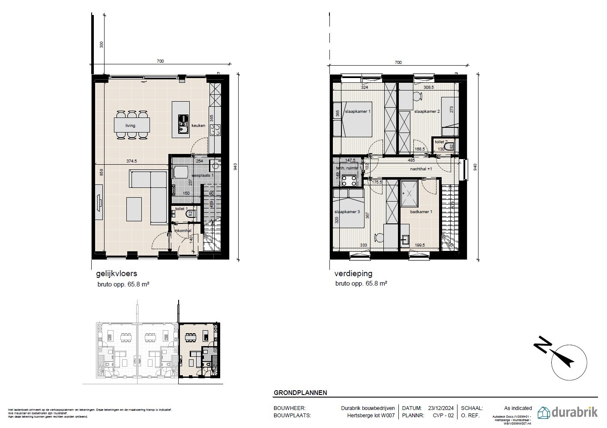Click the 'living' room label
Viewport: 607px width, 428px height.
[130, 126]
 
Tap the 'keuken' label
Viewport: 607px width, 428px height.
[198, 126]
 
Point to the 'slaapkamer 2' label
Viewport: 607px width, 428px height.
[427, 112]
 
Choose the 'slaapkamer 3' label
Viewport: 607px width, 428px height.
[347, 212]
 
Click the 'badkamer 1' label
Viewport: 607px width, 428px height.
[421, 212]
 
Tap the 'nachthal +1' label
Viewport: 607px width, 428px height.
[421, 169]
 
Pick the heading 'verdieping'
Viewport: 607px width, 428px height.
[353, 273]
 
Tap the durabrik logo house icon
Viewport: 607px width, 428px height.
[544, 412]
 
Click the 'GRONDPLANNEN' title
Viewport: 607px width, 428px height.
[300, 392]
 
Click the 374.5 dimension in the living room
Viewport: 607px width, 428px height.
[132, 161]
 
